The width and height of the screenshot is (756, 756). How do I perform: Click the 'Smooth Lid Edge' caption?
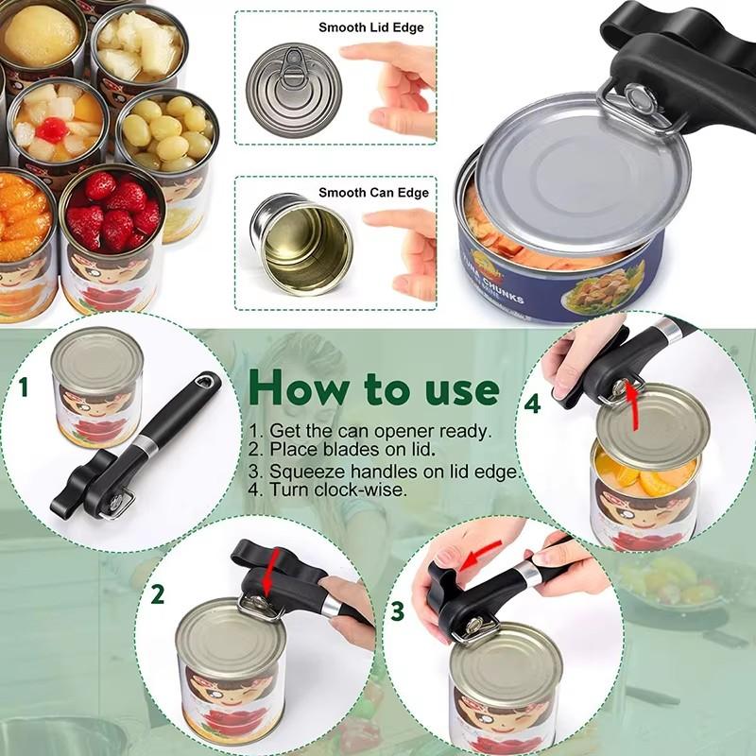coord(370,27)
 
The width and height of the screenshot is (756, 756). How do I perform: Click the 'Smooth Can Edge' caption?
coord(373,193)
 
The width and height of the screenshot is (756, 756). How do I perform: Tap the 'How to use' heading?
coord(373,387)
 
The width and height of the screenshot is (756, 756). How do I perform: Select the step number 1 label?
coord(24,387)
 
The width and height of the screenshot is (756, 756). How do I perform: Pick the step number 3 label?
coord(398,610)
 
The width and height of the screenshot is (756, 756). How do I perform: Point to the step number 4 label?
coord(533,404)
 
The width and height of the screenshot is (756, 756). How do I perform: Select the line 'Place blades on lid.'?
coord(341,450)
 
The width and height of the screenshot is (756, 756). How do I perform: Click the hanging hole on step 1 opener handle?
coord(201,382)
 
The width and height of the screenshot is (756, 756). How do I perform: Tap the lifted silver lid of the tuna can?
coord(581,180)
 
